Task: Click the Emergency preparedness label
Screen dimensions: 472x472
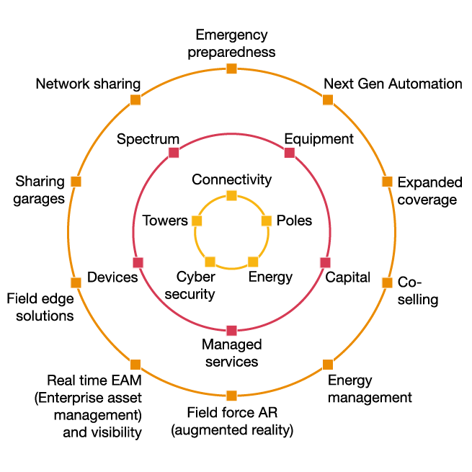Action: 231,43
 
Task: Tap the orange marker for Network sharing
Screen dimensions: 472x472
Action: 135,100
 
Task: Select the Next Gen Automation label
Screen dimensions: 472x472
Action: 393,84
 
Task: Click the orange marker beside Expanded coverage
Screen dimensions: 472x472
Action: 387,182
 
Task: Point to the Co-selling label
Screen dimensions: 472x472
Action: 418,290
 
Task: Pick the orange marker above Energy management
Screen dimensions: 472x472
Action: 328,364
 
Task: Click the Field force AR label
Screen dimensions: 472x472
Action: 231,422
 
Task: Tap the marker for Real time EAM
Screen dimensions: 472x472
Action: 135,364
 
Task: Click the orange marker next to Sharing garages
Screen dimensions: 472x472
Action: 76,182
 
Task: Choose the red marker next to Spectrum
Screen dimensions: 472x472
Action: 174,152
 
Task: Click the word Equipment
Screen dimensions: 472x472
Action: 319,138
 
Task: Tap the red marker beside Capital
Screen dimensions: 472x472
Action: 325,262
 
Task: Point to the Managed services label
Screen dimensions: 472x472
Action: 231,352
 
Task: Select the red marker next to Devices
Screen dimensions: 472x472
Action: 138,262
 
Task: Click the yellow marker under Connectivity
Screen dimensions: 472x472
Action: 231,195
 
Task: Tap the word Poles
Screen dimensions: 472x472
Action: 294,220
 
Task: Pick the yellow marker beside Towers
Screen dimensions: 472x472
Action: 197,221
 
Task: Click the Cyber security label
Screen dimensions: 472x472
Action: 195,285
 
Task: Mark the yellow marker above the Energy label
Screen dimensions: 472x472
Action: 253,262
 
